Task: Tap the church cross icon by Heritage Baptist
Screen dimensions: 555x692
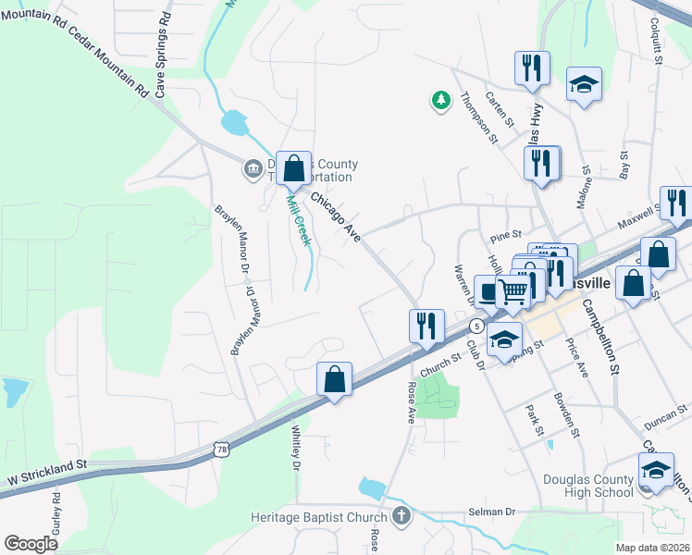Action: pyautogui.click(x=401, y=515)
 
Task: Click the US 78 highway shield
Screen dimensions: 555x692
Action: pyautogui.click(x=220, y=450)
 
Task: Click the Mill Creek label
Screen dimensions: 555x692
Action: pyautogui.click(x=297, y=220)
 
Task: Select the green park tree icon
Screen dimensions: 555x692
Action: pyautogui.click(x=441, y=99)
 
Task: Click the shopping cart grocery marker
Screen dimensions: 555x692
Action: pyautogui.click(x=513, y=290)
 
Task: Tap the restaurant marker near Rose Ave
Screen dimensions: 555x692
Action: pyautogui.click(x=426, y=326)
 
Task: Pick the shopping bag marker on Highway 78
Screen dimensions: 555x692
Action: pyautogui.click(x=334, y=378)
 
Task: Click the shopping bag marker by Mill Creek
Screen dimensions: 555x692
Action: pyautogui.click(x=293, y=168)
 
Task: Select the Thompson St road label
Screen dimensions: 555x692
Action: pyautogui.click(x=479, y=117)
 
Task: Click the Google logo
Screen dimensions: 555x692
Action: pyautogui.click(x=31, y=544)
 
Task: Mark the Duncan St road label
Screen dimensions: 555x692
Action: pyautogui.click(x=666, y=410)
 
